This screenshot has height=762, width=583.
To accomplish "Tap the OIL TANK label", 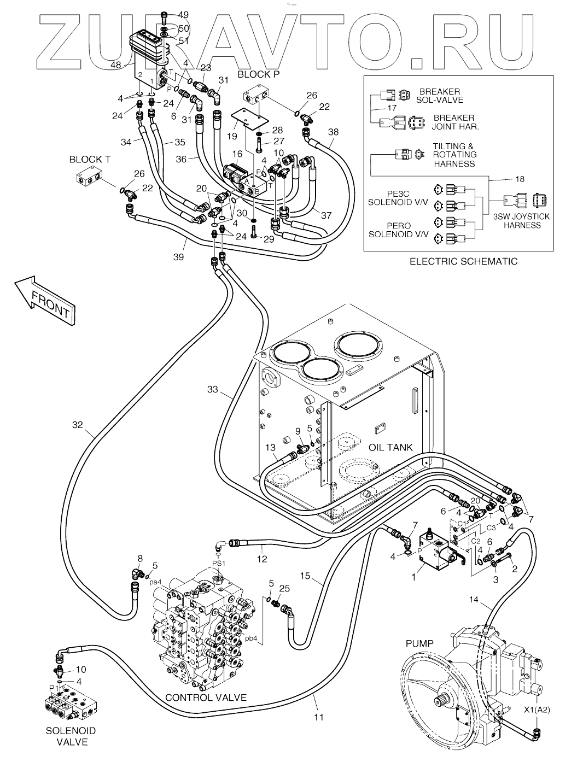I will [x=390, y=447].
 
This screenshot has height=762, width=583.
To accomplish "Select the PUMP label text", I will [x=419, y=643].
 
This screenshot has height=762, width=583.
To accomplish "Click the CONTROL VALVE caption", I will [x=206, y=697].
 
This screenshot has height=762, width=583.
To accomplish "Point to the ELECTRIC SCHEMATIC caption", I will [x=463, y=261].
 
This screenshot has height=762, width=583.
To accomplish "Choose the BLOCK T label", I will [x=90, y=159].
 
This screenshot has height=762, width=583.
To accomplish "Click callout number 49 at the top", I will [x=183, y=15].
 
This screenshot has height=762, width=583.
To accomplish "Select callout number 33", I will [x=213, y=389].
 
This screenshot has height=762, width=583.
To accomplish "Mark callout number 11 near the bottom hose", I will [x=319, y=717].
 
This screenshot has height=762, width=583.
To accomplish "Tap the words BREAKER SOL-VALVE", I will [x=440, y=96].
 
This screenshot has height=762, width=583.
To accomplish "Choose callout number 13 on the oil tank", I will [x=271, y=448].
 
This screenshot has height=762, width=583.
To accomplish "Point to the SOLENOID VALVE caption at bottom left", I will [x=71, y=736].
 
